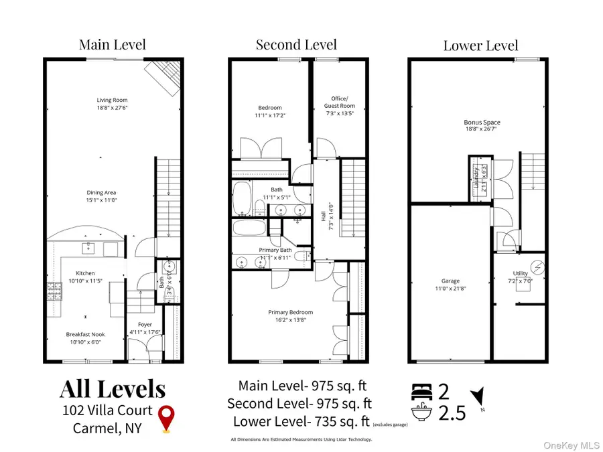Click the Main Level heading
click(x=112, y=45)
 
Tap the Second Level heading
click(x=297, y=45)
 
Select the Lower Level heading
click(x=480, y=46)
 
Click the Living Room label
click(x=112, y=100)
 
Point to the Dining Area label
click(x=101, y=193)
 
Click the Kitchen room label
click(x=85, y=273)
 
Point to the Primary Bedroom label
click(x=290, y=312)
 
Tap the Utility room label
click(x=520, y=273)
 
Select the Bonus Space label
click(x=482, y=123)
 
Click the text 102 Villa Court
click(x=107, y=410)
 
